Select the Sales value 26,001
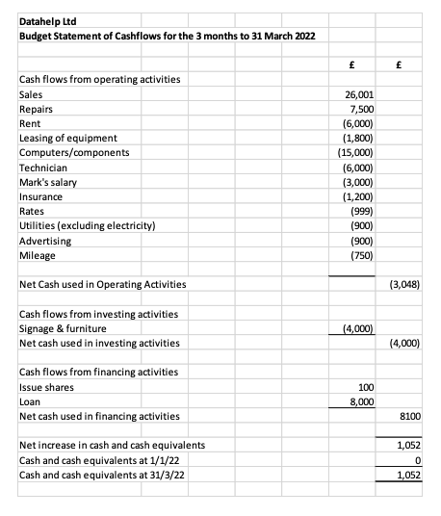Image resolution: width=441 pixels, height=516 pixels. pos(372,96)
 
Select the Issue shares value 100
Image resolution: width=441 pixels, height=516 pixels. pos(378,387)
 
